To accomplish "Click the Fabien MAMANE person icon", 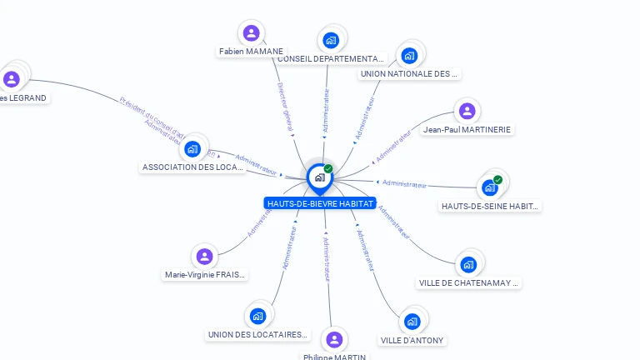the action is pyautogui.click(x=251, y=33).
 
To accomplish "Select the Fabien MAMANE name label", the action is pyautogui.click(x=251, y=52).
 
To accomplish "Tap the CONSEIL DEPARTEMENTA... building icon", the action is pyautogui.click(x=331, y=40).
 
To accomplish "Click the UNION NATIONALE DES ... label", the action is pyautogui.click(x=408, y=73).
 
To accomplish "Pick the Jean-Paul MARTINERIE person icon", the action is pyautogui.click(x=467, y=111).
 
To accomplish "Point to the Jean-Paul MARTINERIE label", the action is pyautogui.click(x=467, y=129).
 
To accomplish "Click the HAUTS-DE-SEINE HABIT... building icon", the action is pyautogui.click(x=490, y=187).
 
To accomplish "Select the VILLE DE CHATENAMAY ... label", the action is pyautogui.click(x=469, y=282).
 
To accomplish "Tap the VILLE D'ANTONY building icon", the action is pyautogui.click(x=412, y=322).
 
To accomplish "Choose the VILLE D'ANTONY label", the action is pyautogui.click(x=412, y=340).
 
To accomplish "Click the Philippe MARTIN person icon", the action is pyautogui.click(x=334, y=339).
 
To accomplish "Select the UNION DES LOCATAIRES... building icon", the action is pyautogui.click(x=257, y=316).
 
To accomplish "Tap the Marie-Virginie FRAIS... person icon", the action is pyautogui.click(x=204, y=256).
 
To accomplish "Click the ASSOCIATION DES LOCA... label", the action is pyautogui.click(x=192, y=167).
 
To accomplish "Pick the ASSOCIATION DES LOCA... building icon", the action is pyautogui.click(x=193, y=149).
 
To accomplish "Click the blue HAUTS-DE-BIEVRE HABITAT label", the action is pyautogui.click(x=320, y=203).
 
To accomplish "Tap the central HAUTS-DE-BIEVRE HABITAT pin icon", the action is pyautogui.click(x=319, y=177).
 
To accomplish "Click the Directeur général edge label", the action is pyautogui.click(x=284, y=107).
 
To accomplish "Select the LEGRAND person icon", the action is pyautogui.click(x=12, y=79).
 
